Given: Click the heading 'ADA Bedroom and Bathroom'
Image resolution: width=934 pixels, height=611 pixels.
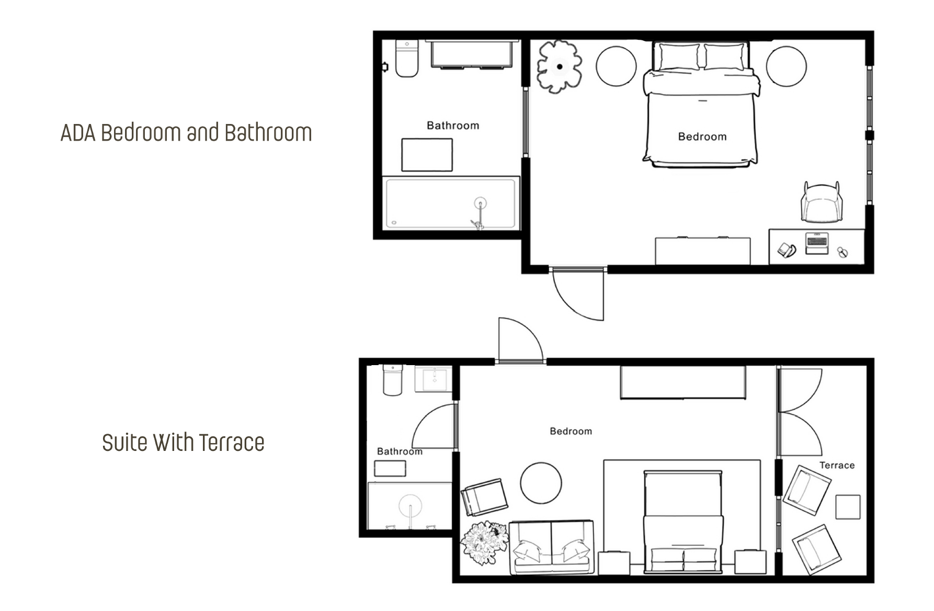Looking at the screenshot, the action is [186, 133].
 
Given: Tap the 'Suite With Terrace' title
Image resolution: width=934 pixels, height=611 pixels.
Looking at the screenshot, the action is [183, 443].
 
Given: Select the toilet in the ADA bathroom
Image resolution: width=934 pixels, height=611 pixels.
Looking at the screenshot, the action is [407, 59].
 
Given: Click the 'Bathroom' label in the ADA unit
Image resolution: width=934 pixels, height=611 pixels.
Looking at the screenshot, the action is [453, 126].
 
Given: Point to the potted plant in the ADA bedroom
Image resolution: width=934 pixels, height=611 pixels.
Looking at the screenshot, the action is [560, 66].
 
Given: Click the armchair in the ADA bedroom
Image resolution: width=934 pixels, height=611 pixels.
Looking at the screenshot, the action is [822, 202].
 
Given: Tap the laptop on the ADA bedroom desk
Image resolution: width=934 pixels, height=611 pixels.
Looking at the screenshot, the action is [817, 243].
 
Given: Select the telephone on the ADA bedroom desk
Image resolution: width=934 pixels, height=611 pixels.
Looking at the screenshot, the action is [786, 250].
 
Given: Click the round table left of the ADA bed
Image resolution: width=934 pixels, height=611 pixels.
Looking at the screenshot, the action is [617, 66].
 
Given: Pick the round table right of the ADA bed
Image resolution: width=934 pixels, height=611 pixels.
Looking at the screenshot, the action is [787, 66].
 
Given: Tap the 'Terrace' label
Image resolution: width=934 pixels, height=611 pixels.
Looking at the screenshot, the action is [837, 465].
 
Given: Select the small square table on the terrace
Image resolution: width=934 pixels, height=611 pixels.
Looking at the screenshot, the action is [848, 507].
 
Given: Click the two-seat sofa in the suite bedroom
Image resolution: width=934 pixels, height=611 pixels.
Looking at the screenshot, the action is [552, 547].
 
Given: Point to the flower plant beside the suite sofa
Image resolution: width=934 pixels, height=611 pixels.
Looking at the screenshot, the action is [484, 542].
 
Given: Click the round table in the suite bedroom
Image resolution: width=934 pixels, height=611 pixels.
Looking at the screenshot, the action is [541, 483].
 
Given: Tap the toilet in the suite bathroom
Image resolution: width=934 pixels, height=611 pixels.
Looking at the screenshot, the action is [393, 380].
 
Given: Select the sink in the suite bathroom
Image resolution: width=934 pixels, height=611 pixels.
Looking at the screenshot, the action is [434, 379].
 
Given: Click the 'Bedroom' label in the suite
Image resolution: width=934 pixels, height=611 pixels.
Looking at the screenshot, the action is [571, 432].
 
